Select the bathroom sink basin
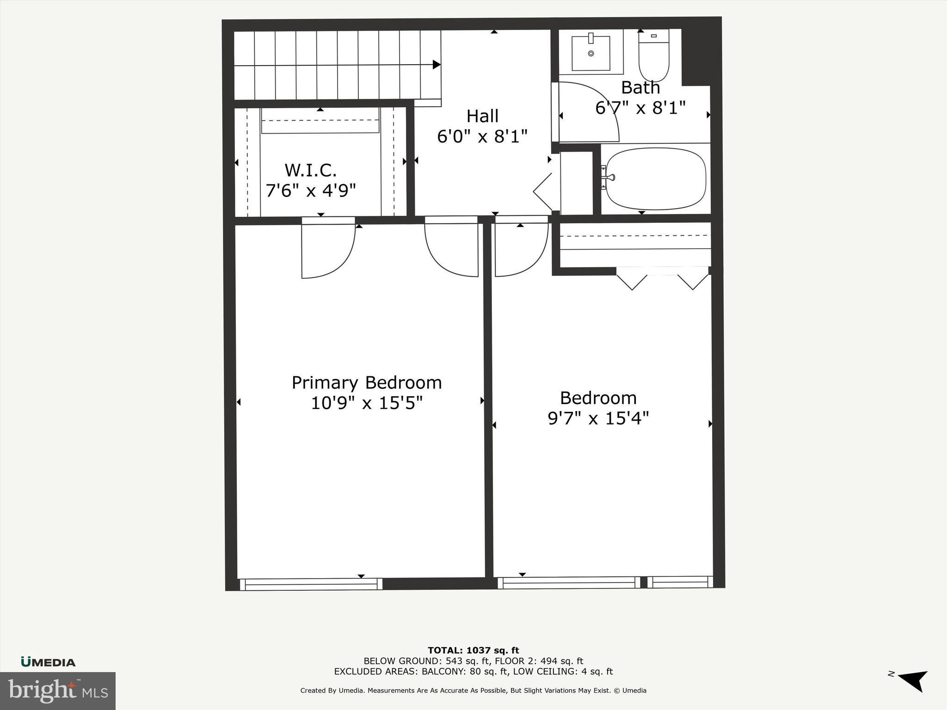[591, 53]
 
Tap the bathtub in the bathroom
[656, 179]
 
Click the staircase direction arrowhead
[436, 65]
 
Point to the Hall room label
[482, 116]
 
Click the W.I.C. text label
[310, 170]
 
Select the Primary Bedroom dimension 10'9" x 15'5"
[367, 403]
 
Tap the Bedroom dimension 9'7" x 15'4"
[598, 418]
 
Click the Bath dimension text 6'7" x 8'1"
[640, 108]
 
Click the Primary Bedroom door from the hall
[452, 250]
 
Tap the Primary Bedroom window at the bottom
[311, 584]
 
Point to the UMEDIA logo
[48, 662]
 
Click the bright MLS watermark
[58, 691]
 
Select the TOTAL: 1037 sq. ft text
[473, 650]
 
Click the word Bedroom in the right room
[598, 398]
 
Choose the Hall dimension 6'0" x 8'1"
[482, 136]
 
